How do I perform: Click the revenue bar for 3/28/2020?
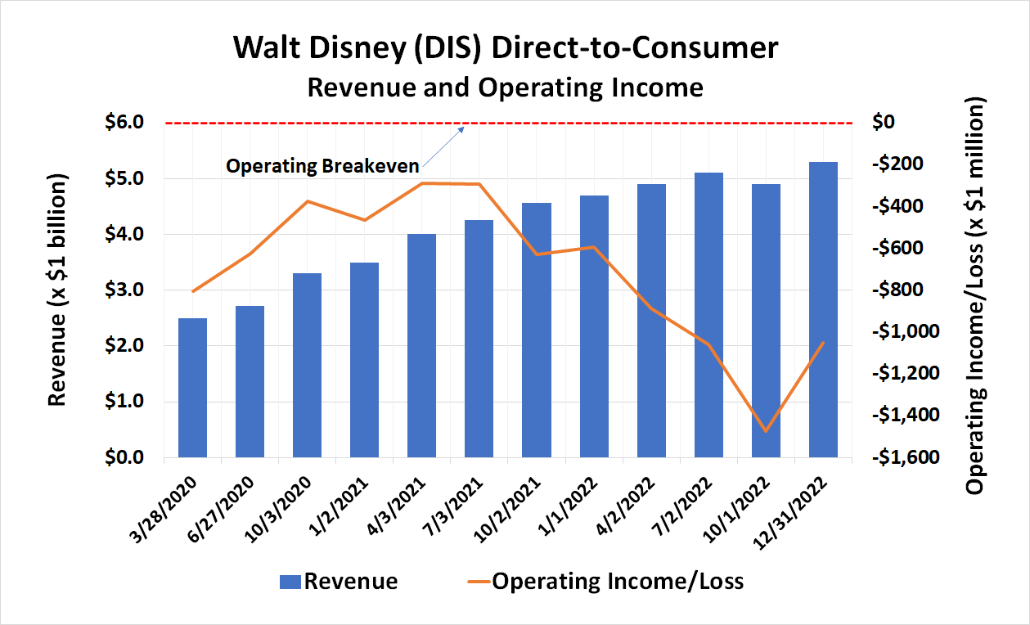point(192,388)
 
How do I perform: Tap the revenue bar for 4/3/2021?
point(421,345)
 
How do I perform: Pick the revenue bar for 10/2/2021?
point(537,330)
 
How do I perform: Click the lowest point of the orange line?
point(766,431)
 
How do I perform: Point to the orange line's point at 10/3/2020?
point(307,201)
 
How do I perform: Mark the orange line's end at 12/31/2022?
point(823,343)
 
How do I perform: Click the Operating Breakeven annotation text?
point(322,166)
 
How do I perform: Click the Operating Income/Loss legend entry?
point(606,582)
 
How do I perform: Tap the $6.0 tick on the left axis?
point(124,123)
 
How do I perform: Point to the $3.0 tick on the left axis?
point(124,290)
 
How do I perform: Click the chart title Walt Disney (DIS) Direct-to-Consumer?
point(505,47)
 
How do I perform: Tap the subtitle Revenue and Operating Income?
point(505,87)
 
